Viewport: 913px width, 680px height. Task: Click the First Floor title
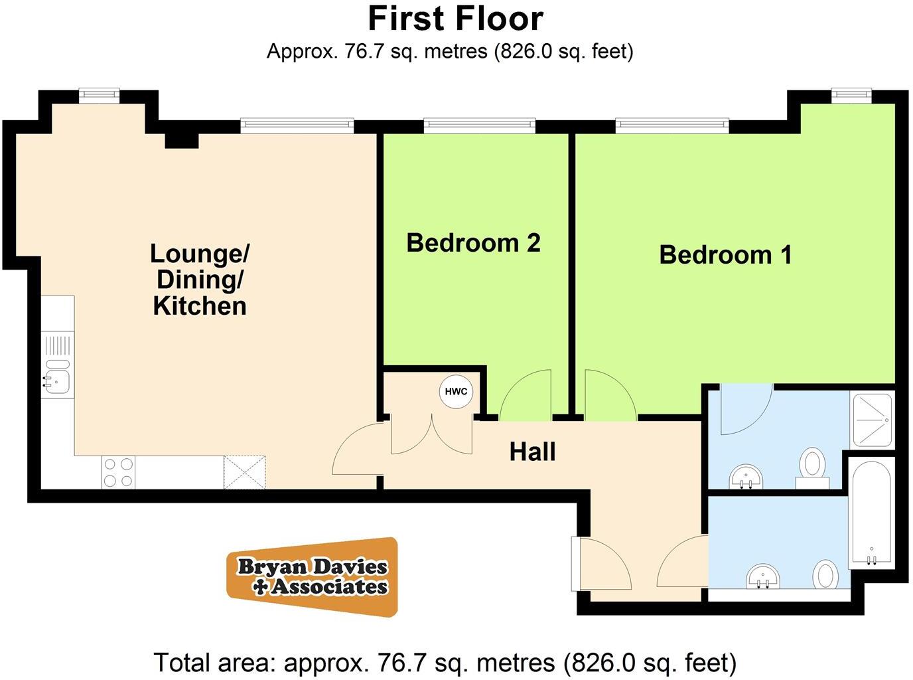[x=456, y=19]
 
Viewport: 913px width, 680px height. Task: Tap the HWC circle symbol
[x=456, y=391]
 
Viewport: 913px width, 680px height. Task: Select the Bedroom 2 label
[x=473, y=243]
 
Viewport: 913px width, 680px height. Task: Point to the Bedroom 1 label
[x=725, y=255]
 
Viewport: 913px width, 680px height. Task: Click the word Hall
[x=532, y=452]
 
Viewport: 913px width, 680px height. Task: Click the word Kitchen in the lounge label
[x=200, y=306]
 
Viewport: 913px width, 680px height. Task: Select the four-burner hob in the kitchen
[x=118, y=472]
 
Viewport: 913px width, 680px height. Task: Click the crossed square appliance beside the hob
[x=244, y=472]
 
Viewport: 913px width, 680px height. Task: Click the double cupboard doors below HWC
[x=432, y=435]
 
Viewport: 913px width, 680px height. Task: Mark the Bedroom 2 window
[x=479, y=124]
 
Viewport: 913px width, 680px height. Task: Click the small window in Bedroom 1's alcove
[x=851, y=96]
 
